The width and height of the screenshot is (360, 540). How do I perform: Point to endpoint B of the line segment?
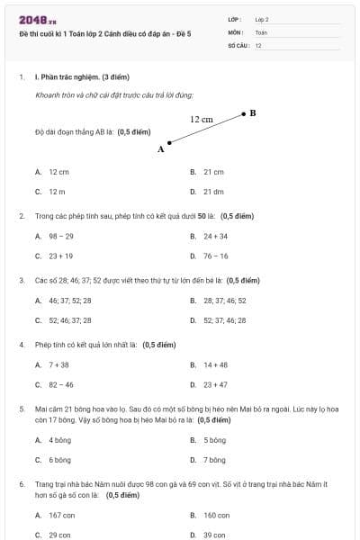point(243,114)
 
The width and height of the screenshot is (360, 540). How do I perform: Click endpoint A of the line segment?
point(169,142)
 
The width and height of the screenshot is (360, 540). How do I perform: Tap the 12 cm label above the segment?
point(201,119)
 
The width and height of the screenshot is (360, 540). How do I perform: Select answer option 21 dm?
point(213,192)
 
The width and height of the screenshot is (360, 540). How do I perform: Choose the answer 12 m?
point(57,192)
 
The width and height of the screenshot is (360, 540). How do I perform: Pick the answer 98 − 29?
point(61,236)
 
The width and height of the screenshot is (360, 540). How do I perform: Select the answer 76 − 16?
point(215,256)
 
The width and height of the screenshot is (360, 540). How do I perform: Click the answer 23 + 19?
point(61,256)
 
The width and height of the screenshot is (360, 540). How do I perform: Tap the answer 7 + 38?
point(58,365)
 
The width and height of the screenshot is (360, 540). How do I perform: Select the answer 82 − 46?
point(61,385)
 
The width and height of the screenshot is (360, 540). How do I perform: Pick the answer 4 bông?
point(59,440)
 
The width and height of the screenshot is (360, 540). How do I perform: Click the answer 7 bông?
point(214,460)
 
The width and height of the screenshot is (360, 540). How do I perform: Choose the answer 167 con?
point(61,515)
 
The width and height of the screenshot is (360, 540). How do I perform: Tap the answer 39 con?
point(215,535)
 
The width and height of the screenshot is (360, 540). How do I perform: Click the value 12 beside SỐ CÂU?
point(258,45)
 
